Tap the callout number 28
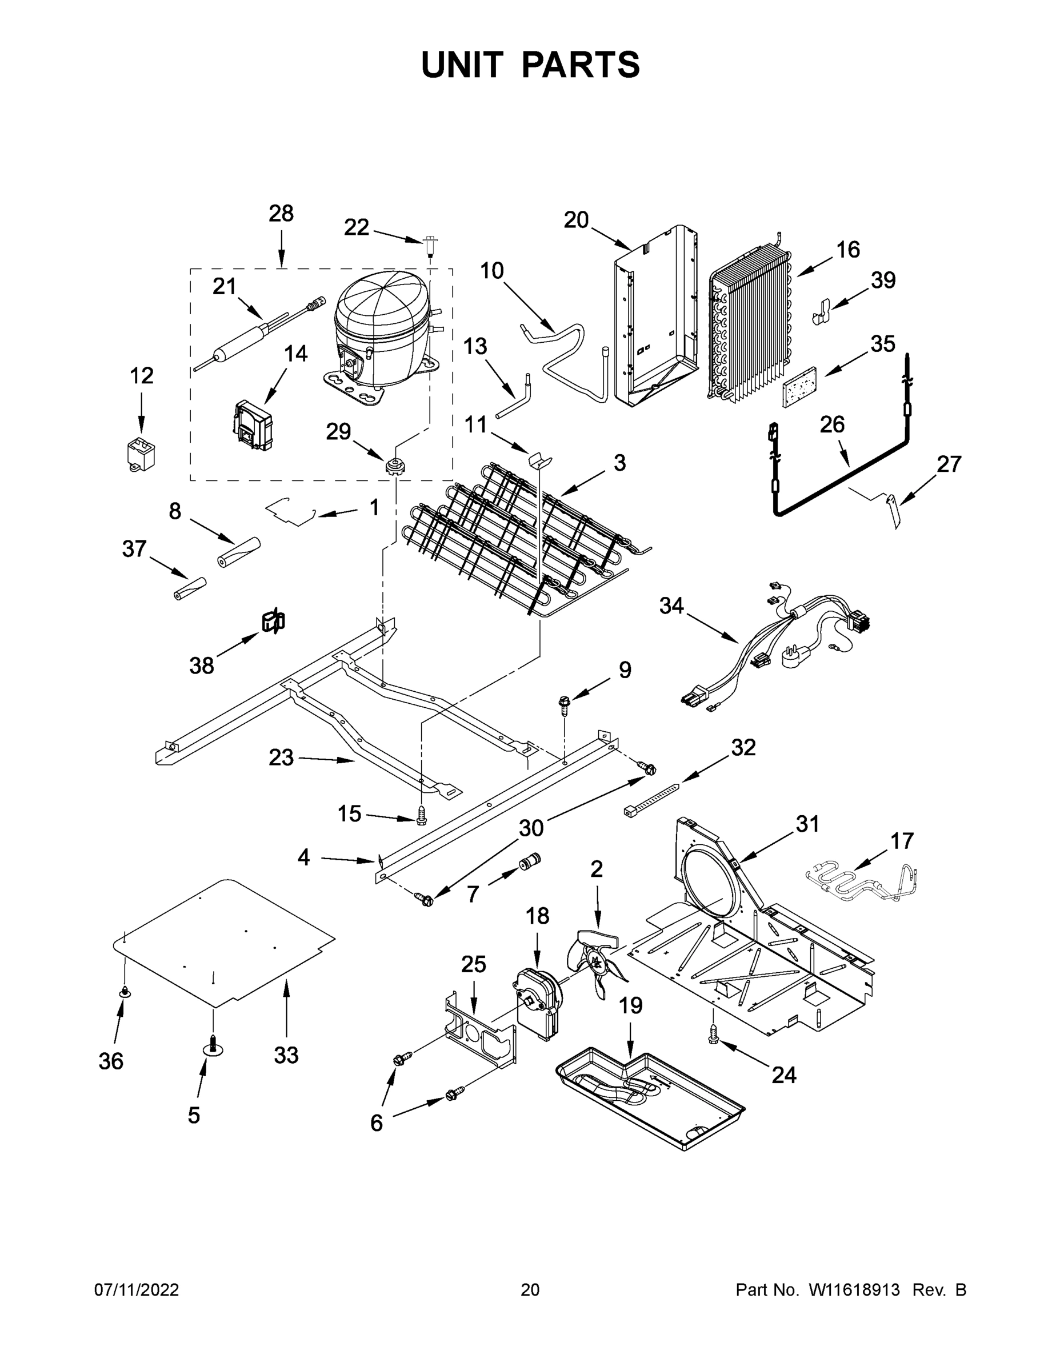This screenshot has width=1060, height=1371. tap(281, 214)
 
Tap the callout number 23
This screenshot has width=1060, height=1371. tap(281, 757)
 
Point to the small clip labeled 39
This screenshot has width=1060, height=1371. tap(824, 310)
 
